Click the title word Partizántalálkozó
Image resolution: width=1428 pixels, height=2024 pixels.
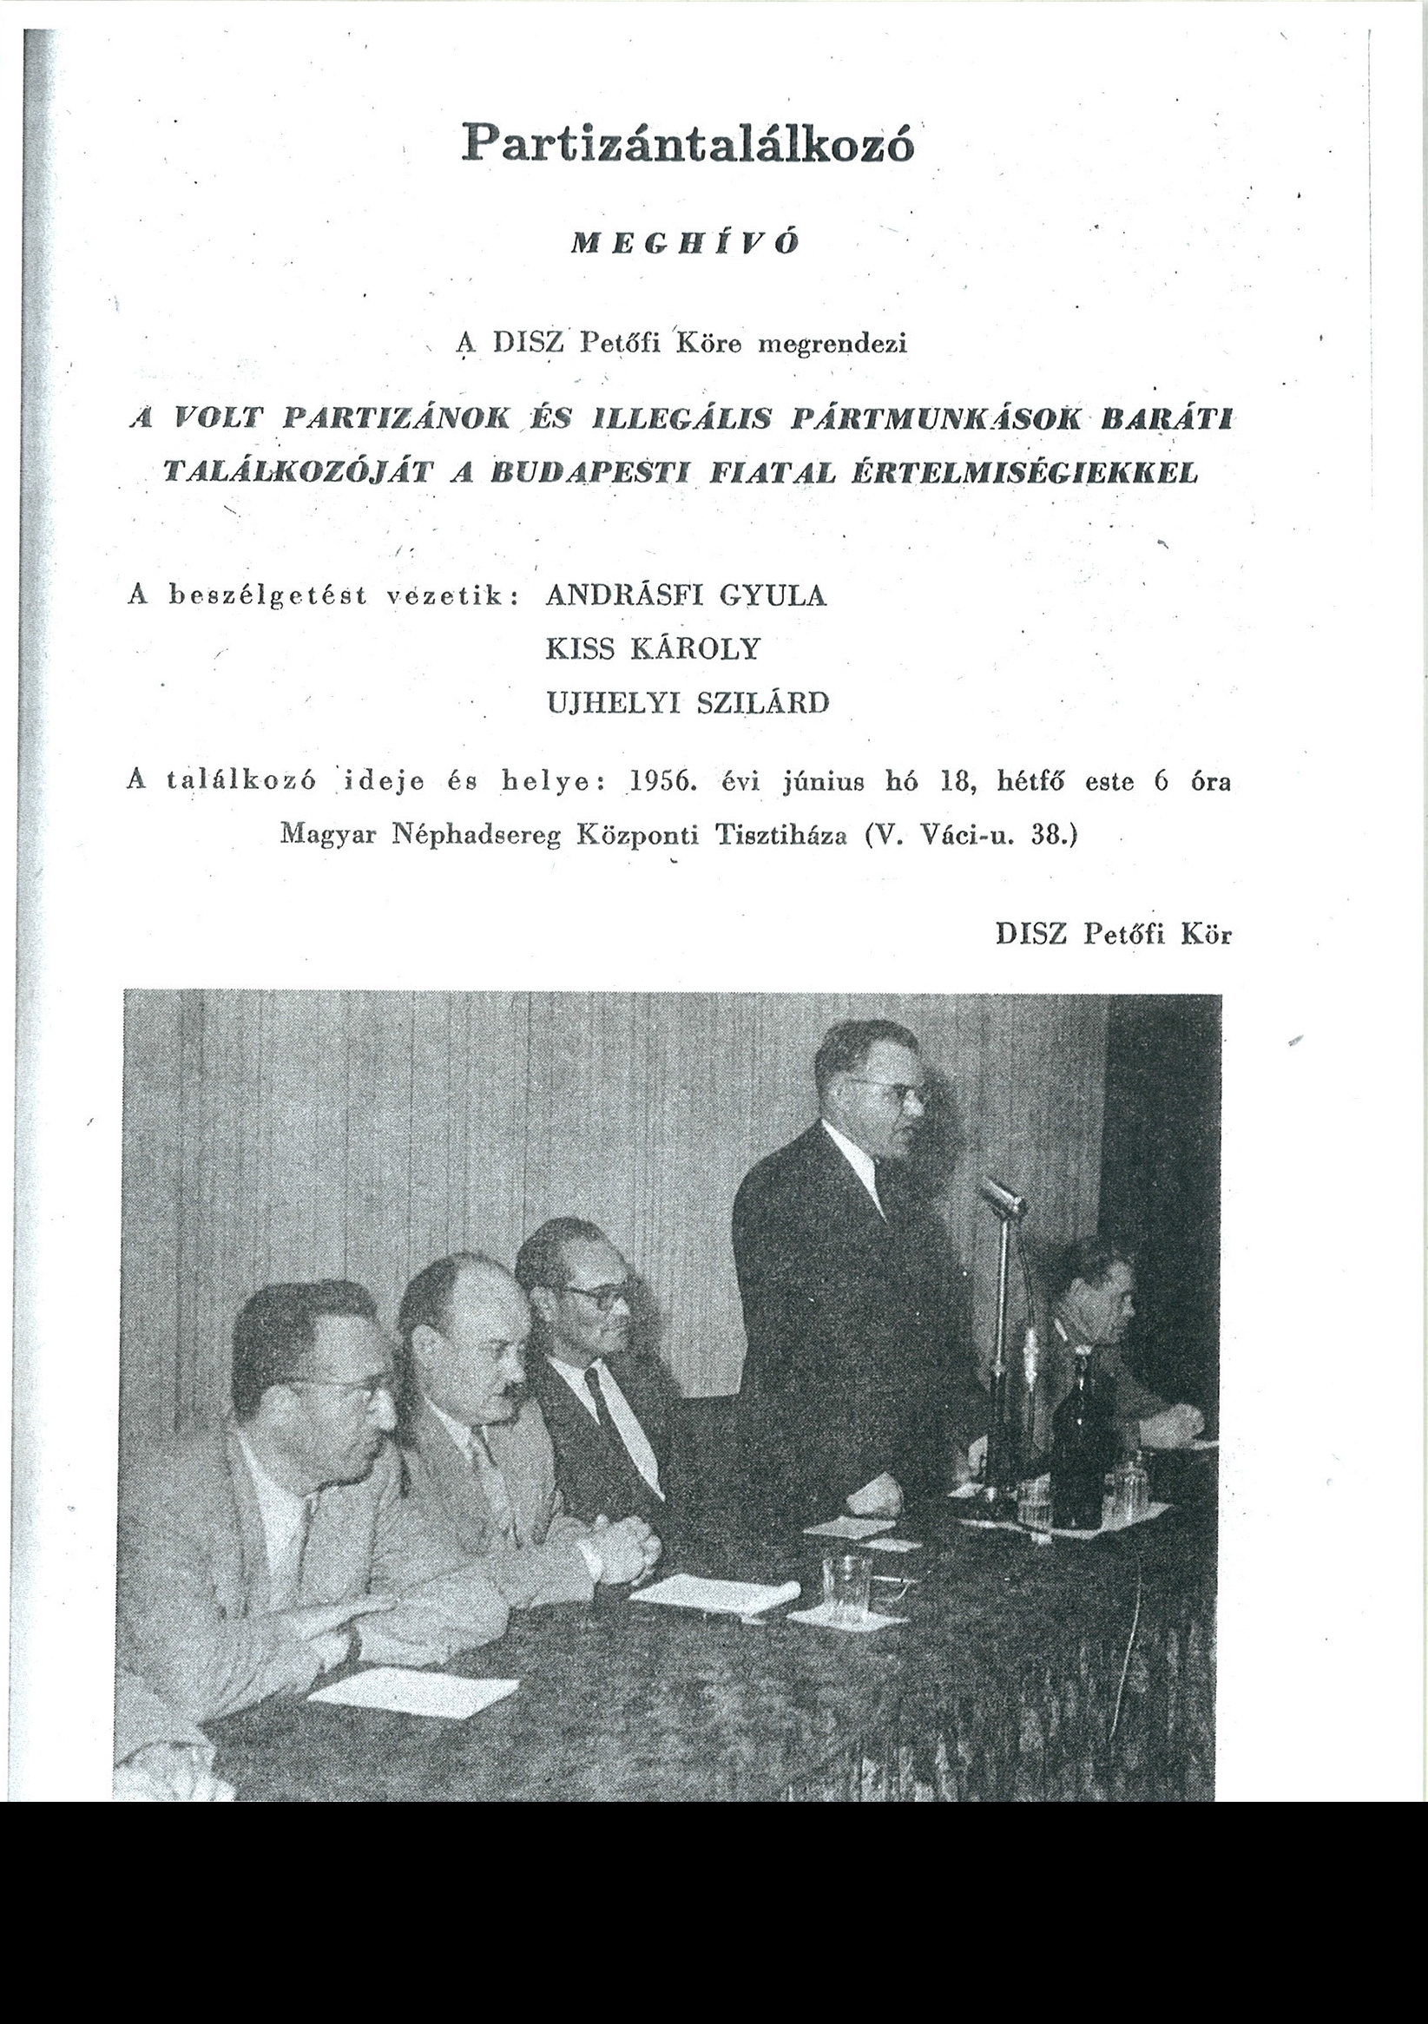[x=688, y=143]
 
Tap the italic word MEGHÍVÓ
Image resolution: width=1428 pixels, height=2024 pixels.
[x=685, y=244]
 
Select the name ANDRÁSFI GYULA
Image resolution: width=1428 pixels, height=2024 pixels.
[x=686, y=596]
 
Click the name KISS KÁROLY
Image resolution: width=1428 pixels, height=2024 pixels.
[x=652, y=650]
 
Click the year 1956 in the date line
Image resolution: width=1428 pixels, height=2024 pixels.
[x=660, y=782]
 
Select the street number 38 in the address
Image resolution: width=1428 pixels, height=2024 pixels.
[x=1047, y=835]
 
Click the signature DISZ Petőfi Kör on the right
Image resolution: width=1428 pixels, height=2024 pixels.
[x=1112, y=935]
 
